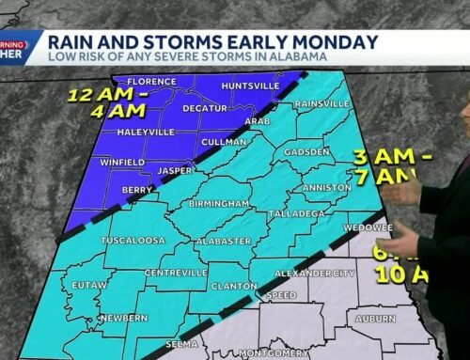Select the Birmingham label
coord(217,203)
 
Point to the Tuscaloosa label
coord(135,240)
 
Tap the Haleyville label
coord(146,133)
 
